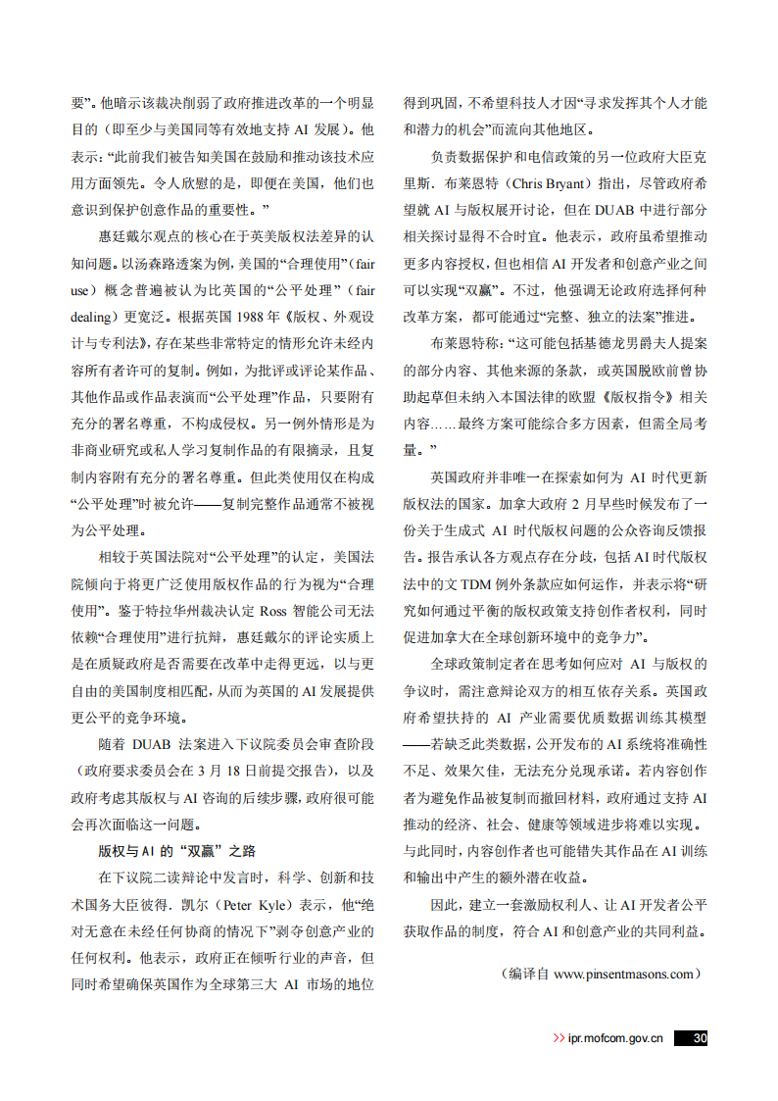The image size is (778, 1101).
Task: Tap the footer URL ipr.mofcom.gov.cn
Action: coord(615,1038)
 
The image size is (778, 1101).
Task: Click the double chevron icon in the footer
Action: coord(559,1038)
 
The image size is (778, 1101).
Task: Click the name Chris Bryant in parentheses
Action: coord(541,183)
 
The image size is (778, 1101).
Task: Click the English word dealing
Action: coord(96,317)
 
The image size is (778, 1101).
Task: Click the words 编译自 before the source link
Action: coord(527,974)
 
